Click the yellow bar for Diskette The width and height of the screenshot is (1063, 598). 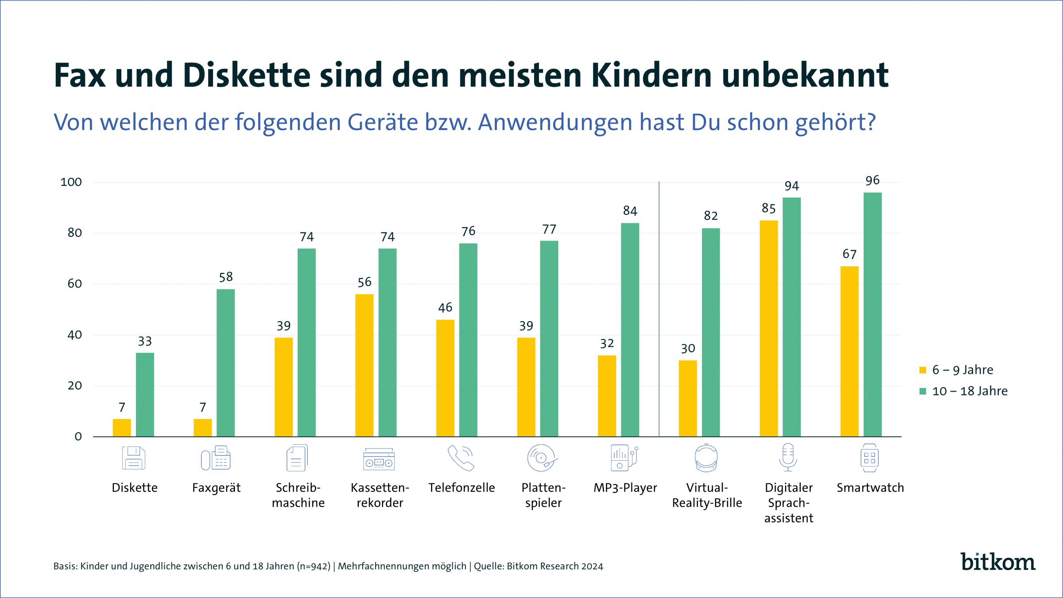[x=122, y=427]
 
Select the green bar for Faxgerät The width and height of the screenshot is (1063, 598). [x=225, y=363]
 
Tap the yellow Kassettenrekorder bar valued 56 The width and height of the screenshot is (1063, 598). [x=364, y=365]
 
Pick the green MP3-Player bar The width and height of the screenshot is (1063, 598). [x=630, y=330]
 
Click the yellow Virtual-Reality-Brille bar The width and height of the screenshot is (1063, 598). [x=687, y=398]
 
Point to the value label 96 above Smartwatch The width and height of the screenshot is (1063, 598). [x=872, y=181]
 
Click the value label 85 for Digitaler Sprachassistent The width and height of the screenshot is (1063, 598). [x=768, y=209]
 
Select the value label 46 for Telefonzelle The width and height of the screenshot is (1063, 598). [x=445, y=308]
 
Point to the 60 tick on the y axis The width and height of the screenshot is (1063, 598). [x=75, y=284]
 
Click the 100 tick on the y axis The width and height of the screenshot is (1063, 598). [x=71, y=182]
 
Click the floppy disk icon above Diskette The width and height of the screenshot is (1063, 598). [x=134, y=458]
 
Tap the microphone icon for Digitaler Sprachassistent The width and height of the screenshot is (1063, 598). [x=788, y=458]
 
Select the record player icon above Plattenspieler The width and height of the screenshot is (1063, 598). [x=542, y=458]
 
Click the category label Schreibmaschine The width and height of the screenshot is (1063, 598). [x=298, y=495]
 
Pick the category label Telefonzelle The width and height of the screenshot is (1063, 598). [x=462, y=488]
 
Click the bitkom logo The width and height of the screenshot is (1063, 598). [x=997, y=562]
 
